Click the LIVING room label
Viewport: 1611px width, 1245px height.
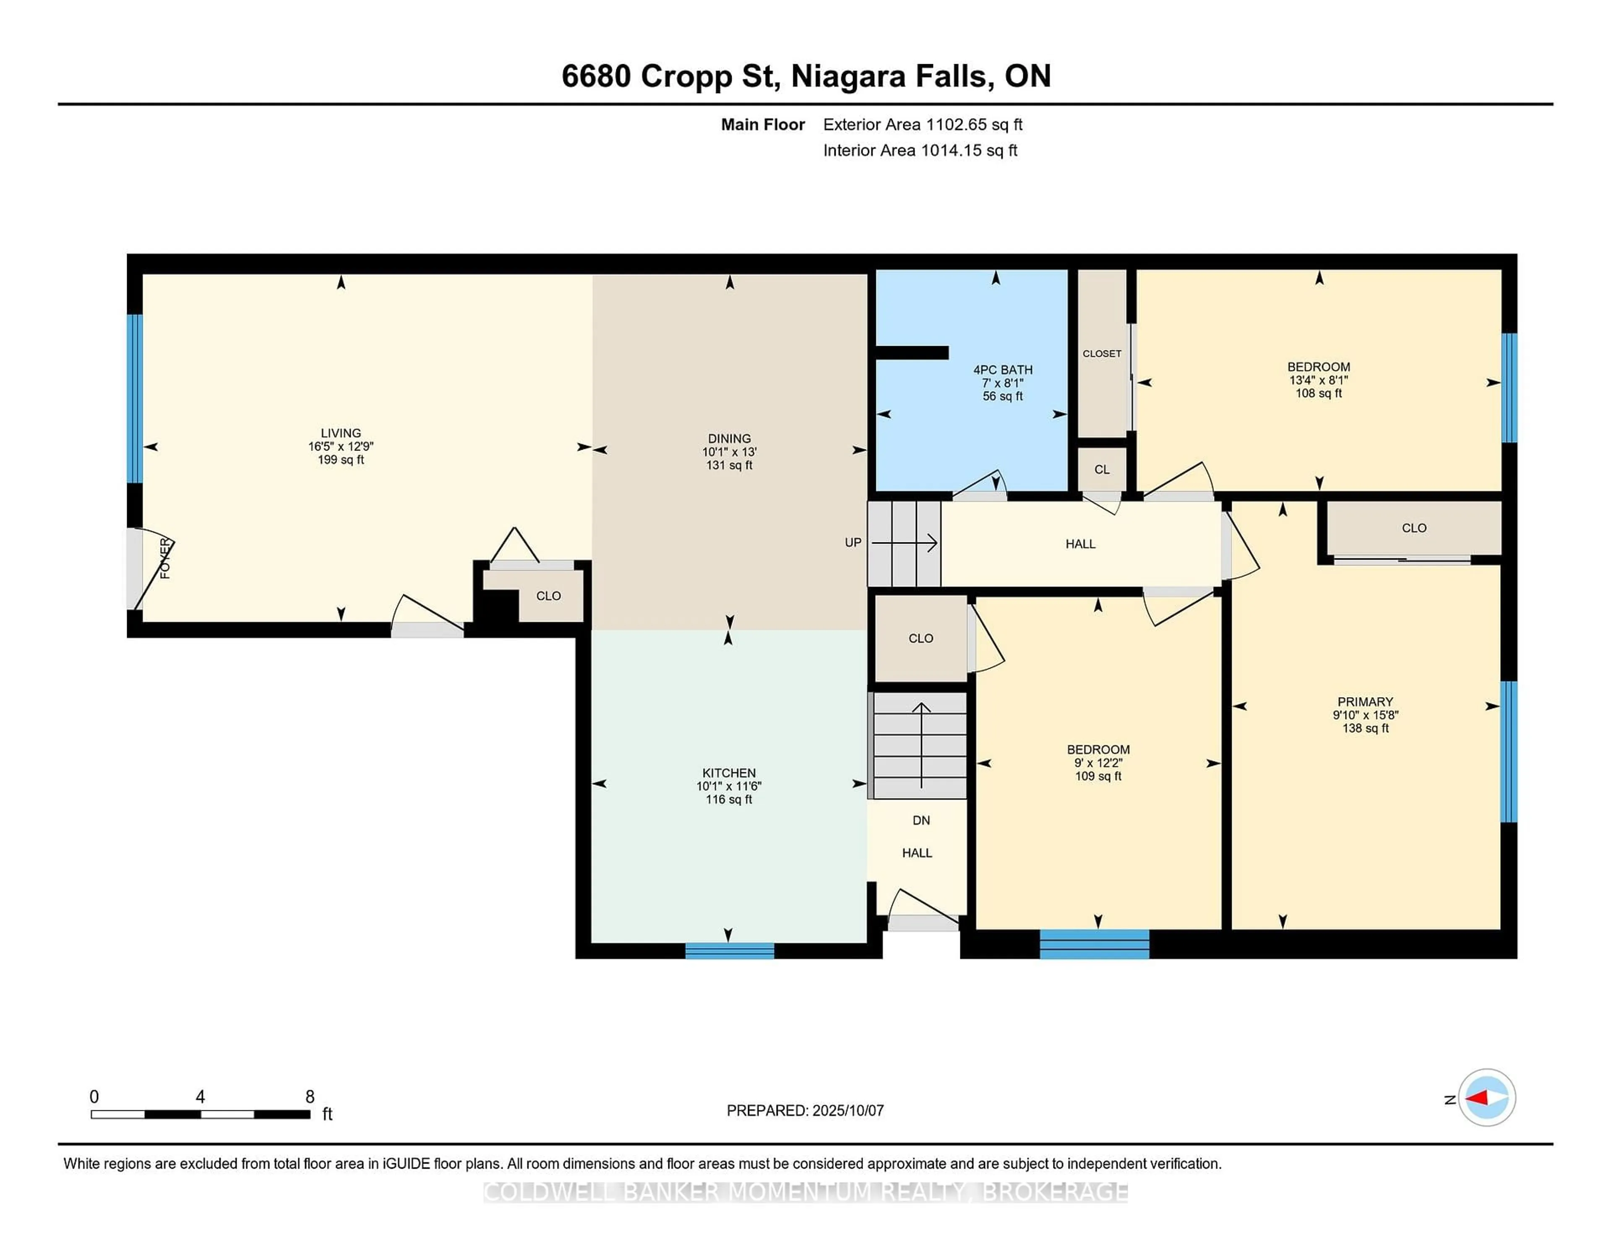[340, 433]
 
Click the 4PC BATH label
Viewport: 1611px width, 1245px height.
[1002, 370]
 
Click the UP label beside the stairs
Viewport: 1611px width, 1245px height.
[853, 542]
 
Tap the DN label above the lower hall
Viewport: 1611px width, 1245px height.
[920, 820]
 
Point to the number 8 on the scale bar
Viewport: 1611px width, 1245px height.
[310, 1097]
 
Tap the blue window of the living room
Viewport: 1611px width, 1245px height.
[134, 398]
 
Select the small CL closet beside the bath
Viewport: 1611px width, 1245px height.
[1101, 470]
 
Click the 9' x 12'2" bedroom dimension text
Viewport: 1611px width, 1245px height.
[1097, 763]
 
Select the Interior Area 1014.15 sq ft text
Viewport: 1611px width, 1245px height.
[920, 151]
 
